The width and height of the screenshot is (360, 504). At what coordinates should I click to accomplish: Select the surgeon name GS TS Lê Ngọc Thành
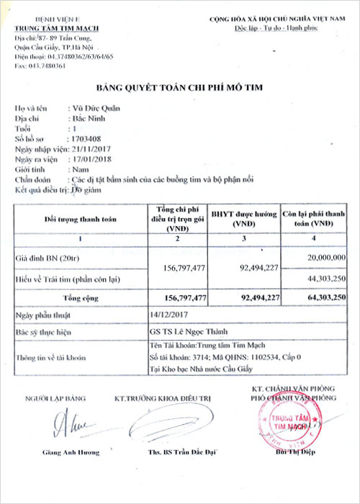coord(183,332)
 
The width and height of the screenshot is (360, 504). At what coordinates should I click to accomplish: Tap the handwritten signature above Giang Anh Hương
coord(74,423)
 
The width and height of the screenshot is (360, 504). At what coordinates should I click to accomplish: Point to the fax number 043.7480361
coord(40,66)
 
